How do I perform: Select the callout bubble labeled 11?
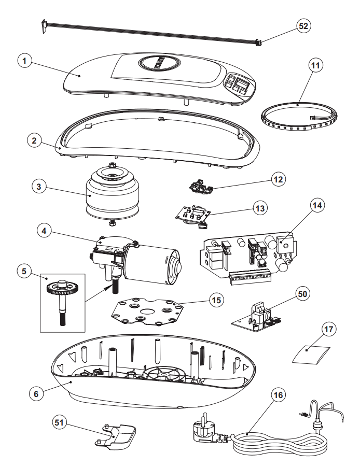click(x=315, y=66)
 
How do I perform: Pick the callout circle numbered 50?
click(x=302, y=293)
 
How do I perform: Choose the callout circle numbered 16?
click(x=278, y=395)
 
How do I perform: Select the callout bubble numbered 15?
click(x=215, y=300)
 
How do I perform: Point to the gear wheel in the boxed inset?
click(x=60, y=290)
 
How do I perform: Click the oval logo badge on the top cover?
click(x=159, y=64)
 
